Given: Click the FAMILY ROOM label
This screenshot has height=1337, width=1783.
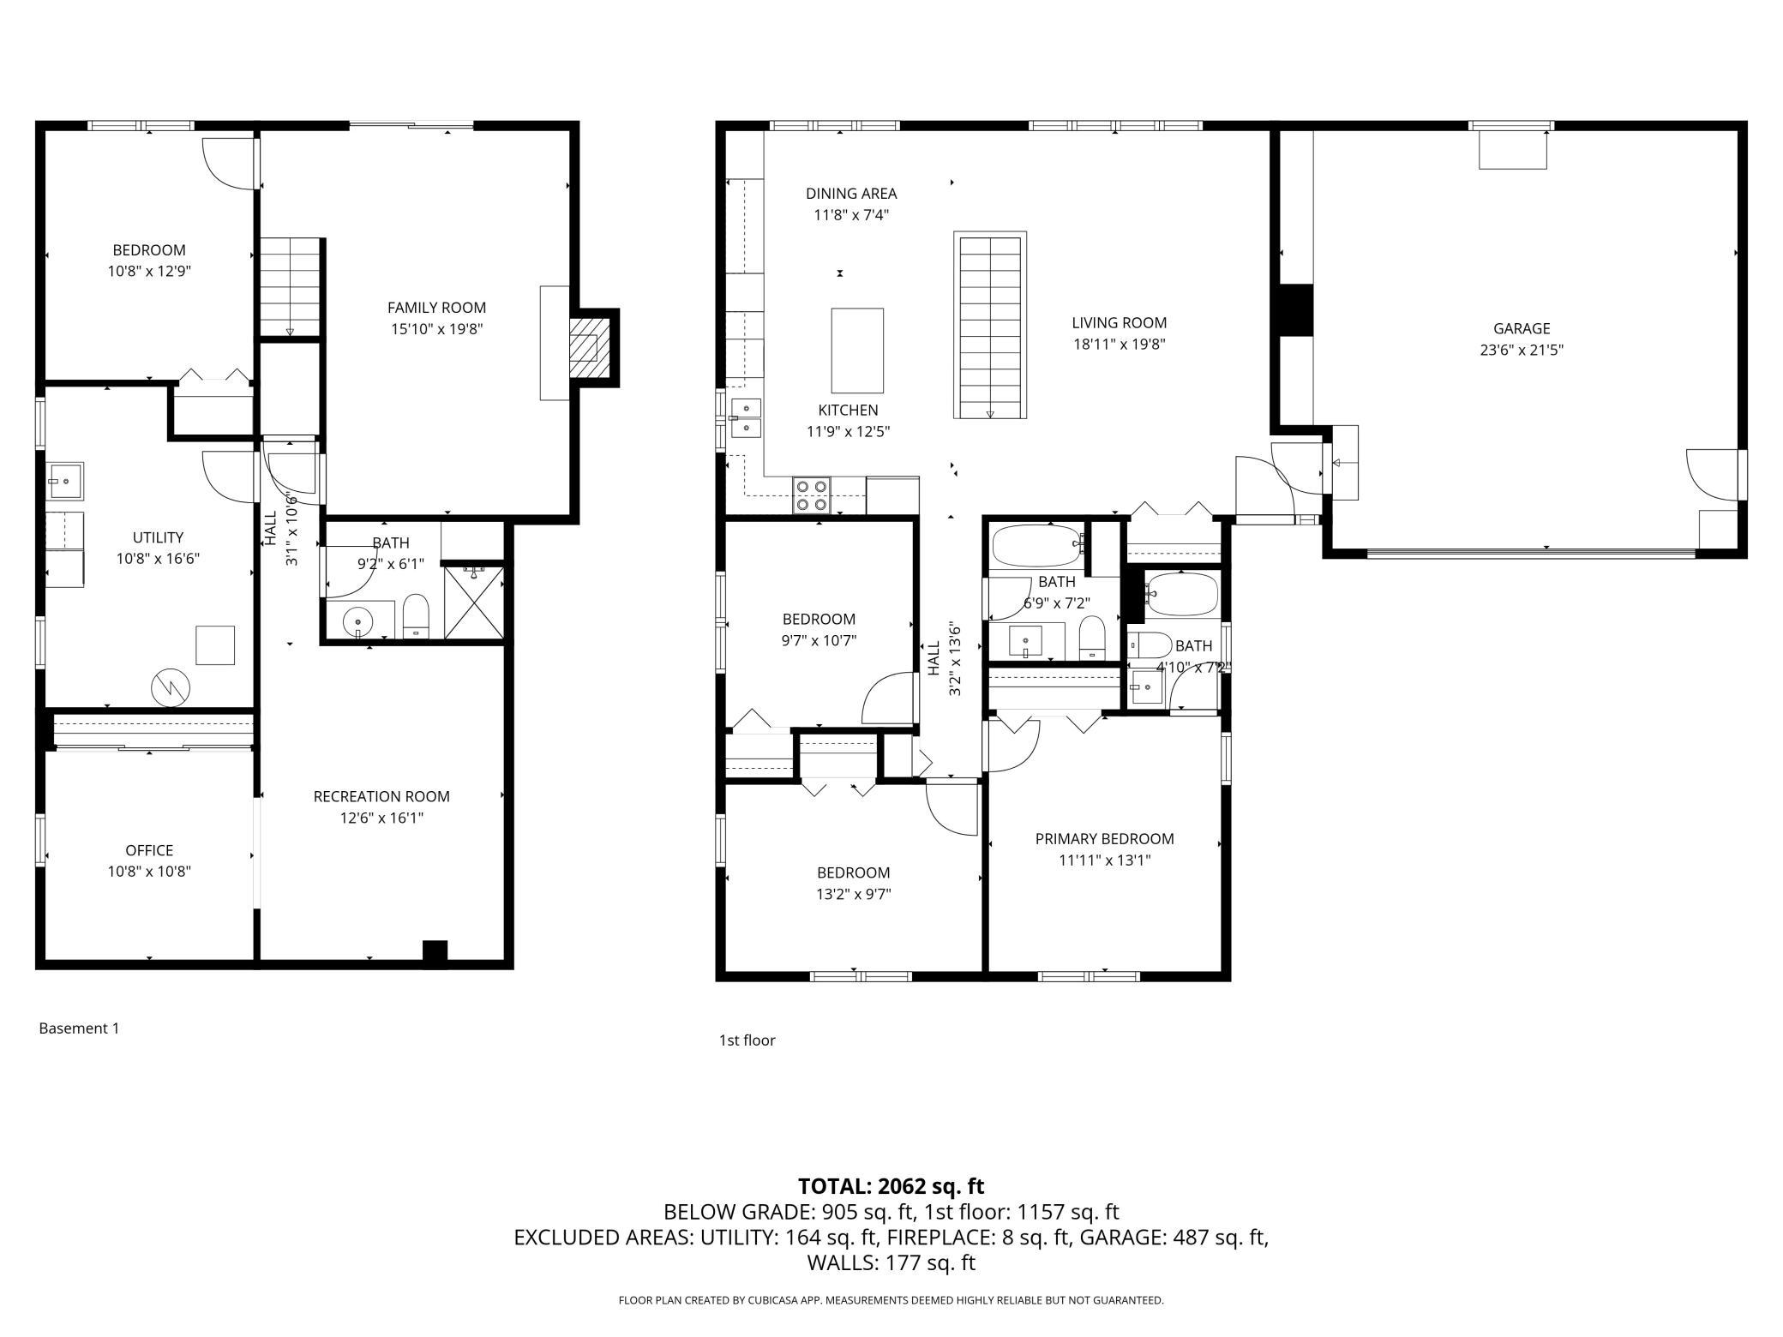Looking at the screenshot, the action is click(436, 308).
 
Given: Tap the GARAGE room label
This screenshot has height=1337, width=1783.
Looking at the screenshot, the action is click(1522, 328).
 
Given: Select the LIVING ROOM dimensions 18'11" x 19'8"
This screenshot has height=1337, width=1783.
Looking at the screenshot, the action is click(1119, 345).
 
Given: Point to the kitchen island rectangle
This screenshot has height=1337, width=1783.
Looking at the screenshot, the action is click(857, 351).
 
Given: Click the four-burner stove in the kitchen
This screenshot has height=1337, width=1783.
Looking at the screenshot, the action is click(813, 495).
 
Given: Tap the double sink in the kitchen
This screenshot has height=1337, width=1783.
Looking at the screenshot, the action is click(745, 417).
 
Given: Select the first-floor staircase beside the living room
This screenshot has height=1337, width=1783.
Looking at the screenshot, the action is click(990, 326).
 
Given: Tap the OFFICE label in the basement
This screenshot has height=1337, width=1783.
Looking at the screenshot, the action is click(149, 850).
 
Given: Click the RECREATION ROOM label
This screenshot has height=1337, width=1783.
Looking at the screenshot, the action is click(381, 796).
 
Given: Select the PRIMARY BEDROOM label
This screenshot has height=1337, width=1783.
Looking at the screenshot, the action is click(1104, 839).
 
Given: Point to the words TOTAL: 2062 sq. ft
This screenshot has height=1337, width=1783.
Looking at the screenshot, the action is click(891, 1186).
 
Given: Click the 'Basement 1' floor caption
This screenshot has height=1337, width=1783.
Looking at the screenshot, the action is click(79, 1028).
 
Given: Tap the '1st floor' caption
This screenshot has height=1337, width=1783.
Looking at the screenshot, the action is click(747, 1040).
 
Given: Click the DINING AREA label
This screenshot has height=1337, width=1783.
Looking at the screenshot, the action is click(851, 194).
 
